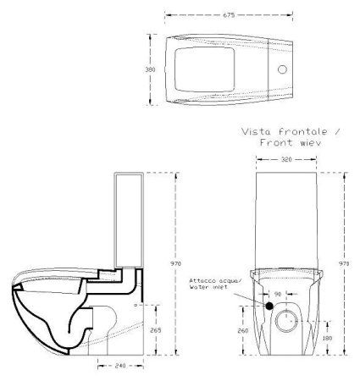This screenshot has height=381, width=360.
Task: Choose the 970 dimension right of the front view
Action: [x=343, y=264]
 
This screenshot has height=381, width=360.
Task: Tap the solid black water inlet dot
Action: [x=269, y=306]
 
